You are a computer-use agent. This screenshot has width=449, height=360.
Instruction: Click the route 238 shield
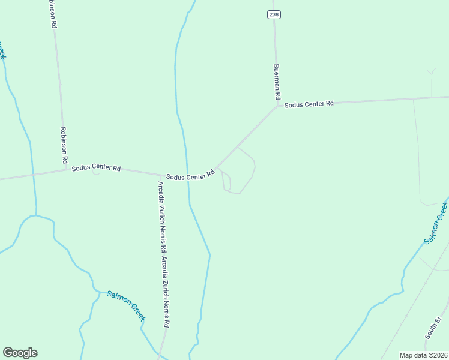[274, 14]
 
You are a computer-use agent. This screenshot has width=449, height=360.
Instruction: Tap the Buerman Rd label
[277, 82]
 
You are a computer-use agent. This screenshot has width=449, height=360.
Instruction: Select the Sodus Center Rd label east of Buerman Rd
[309, 104]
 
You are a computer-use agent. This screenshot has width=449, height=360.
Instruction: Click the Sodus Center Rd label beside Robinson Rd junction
[96, 168]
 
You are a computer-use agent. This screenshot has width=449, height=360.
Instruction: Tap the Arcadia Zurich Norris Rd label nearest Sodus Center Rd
[161, 216]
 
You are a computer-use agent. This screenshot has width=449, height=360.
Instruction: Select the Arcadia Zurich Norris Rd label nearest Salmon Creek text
[166, 292]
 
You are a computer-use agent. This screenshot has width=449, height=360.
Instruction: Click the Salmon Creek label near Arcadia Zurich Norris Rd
[125, 305]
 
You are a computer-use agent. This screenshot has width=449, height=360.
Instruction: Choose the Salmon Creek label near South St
[436, 223]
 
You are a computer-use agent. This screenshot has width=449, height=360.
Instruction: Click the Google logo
[20, 353]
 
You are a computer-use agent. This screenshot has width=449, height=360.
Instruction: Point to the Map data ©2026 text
[424, 355]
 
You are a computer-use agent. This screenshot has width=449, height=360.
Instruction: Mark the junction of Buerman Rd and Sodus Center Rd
[277, 107]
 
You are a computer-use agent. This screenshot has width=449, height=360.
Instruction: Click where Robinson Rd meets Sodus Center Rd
[65, 170]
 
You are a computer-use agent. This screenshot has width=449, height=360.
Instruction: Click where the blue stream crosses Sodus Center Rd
[187, 173]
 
